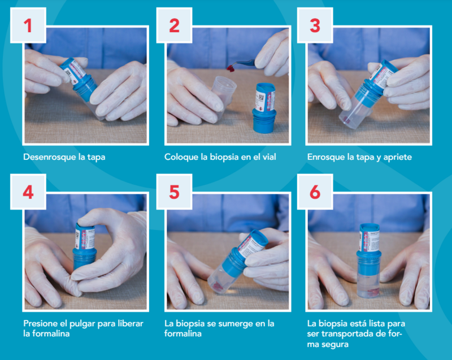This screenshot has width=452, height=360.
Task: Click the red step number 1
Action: [28, 25]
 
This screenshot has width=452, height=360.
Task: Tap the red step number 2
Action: [175, 25]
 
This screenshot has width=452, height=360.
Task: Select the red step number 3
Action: [315, 25]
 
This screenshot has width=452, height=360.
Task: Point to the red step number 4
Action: [28, 192]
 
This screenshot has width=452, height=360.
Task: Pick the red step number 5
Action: [175, 192]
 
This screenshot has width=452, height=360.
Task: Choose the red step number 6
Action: [315, 192]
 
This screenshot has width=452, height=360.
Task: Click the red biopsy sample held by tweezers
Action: [231, 68]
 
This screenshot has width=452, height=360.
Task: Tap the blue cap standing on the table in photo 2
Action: [264, 107]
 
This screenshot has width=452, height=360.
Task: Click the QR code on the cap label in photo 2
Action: [261, 97]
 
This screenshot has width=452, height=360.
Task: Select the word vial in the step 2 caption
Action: [270, 157]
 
